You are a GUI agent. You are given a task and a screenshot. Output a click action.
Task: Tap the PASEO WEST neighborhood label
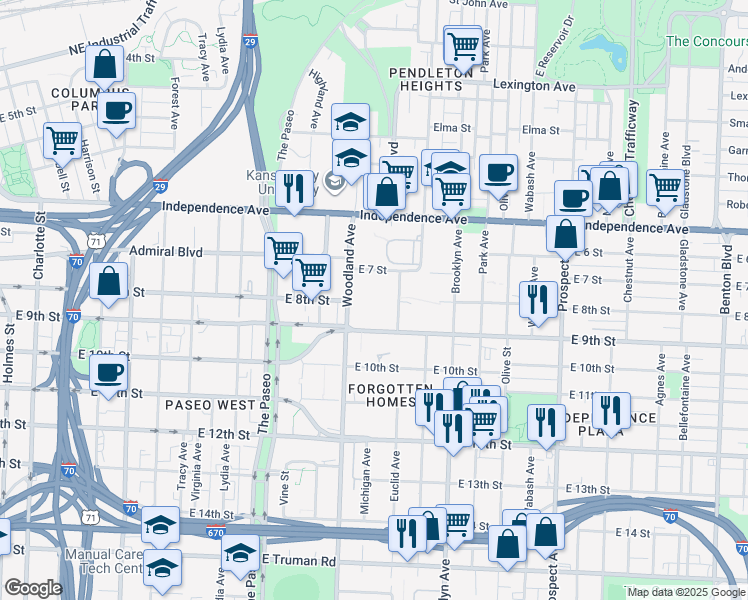210,405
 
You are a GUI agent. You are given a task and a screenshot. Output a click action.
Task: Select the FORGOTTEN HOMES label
381,395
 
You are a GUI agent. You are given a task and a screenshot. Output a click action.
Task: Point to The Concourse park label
706,41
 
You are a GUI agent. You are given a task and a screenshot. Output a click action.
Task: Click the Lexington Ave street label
534,87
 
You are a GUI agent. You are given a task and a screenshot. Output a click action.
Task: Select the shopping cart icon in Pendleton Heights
464,45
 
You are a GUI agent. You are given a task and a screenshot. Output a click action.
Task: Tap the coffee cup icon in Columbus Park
117,111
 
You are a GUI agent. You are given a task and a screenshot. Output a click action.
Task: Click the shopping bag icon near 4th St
105,65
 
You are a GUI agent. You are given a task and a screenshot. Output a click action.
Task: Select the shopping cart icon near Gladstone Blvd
664,186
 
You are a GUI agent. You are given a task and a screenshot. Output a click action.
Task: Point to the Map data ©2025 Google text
685,592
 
